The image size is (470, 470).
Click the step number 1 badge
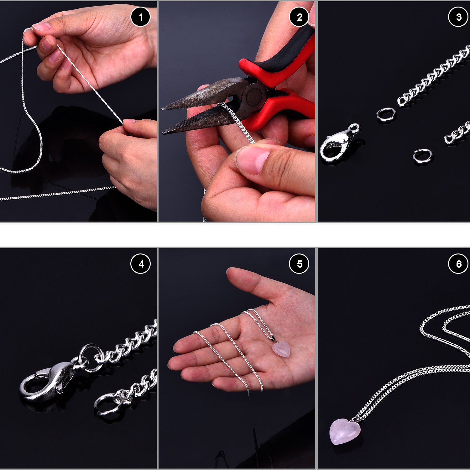point(140,17)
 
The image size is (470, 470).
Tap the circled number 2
point(299,17)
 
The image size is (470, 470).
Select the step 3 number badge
point(458,17)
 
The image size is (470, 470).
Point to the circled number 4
point(140,264)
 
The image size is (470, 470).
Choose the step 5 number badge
point(299,264)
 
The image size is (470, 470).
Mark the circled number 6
point(458,264)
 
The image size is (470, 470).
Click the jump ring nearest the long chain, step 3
point(386,115)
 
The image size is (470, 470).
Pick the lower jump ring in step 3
point(422,156)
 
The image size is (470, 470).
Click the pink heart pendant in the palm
point(281,349)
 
